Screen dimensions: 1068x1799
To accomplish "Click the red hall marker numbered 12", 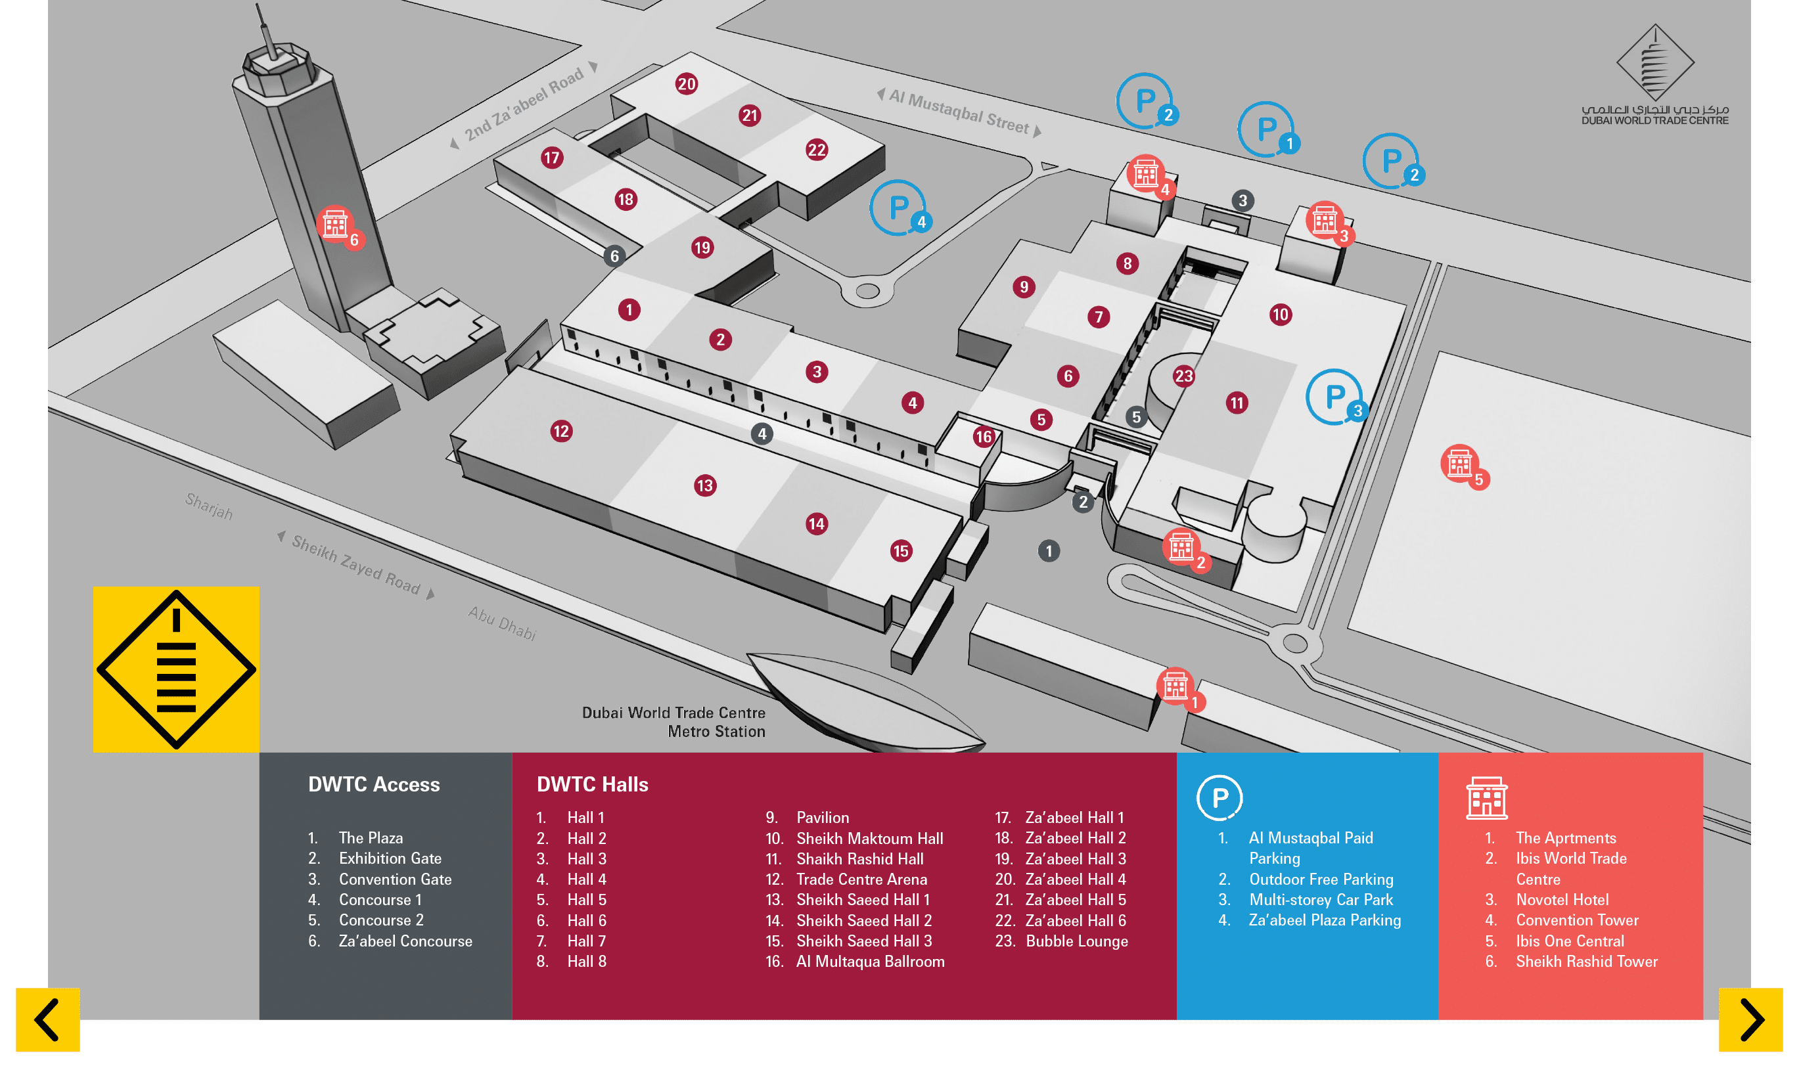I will coord(561,431).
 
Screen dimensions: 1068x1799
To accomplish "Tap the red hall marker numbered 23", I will coord(1183,376).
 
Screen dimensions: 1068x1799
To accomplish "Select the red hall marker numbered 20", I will coord(686,84).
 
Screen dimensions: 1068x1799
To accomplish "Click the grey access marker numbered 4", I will coord(762,434).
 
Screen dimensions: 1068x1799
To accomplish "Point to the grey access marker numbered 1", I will coord(1048,551).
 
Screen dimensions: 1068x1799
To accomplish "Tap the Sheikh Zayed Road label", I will coord(355,565).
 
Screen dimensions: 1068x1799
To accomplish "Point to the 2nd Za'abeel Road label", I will coord(524,104).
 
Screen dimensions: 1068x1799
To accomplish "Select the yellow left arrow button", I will coord(47,1020).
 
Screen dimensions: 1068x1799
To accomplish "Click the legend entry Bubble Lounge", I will coord(1076,941).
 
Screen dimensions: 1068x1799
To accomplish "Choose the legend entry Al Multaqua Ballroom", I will coord(870,962).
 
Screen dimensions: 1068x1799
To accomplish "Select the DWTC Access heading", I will coord(374,784).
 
